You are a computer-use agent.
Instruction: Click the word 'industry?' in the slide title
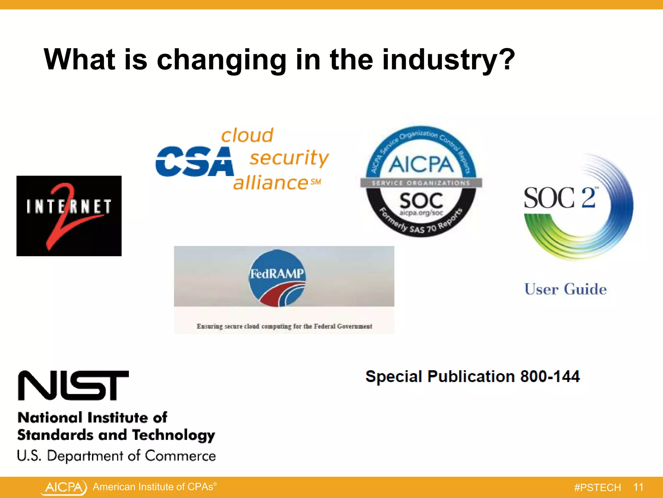448,60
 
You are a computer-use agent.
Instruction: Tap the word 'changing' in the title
222,60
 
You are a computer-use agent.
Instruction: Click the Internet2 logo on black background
69,216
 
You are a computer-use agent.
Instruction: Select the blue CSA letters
195,162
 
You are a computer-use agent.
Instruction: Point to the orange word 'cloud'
247,135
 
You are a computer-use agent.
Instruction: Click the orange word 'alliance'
271,183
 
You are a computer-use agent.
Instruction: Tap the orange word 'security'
289,158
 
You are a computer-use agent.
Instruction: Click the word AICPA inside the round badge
421,164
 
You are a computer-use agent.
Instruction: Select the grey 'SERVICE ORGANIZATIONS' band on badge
421,183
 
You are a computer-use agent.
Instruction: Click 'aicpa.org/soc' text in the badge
421,213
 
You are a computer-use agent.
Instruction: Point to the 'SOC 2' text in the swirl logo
559,198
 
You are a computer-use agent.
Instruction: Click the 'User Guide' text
565,289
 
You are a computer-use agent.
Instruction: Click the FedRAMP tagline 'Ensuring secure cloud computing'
284,326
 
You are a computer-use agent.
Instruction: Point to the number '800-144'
550,376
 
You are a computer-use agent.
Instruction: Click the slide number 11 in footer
638,487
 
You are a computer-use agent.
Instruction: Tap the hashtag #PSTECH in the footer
597,487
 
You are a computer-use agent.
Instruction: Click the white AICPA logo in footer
64,487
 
